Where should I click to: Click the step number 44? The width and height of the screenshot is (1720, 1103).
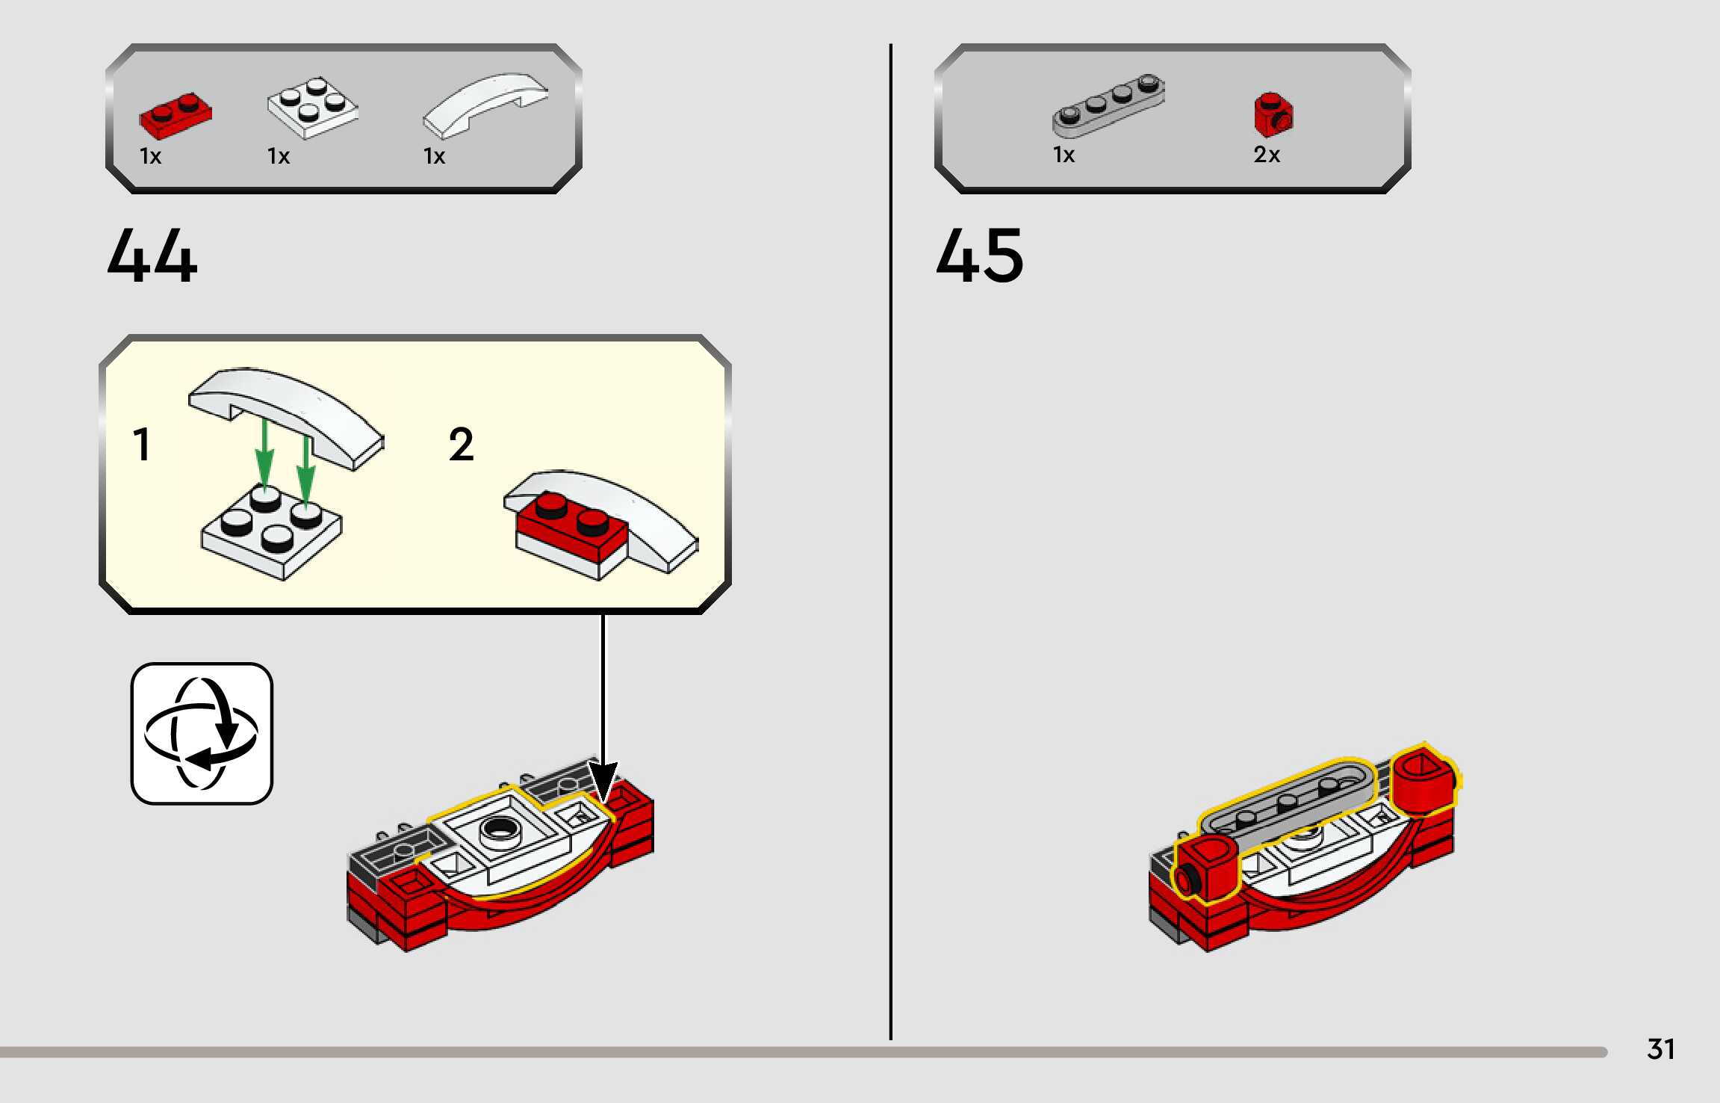pyautogui.click(x=152, y=256)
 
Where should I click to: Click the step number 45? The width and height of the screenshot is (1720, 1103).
pyautogui.click(x=980, y=256)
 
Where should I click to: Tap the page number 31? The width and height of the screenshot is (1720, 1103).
pyautogui.click(x=1660, y=1049)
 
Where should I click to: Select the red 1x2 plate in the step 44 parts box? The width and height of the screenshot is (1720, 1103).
pyautogui.click(x=176, y=117)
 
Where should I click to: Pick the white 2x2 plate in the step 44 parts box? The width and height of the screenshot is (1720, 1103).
pyautogui.click(x=312, y=108)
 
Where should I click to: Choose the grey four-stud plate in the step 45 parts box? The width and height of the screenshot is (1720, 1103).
pyautogui.click(x=1108, y=105)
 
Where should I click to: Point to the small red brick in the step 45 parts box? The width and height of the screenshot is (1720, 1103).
pyautogui.click(x=1273, y=114)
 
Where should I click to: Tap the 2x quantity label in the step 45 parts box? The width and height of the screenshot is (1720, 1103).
pyautogui.click(x=1267, y=155)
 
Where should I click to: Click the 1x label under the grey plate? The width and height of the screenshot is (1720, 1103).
pyautogui.click(x=1064, y=155)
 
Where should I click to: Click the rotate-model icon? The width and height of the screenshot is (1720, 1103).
pyautogui.click(x=202, y=733)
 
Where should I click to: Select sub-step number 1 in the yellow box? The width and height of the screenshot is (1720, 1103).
pyautogui.click(x=141, y=445)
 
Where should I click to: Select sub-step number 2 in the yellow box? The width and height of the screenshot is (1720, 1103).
pyautogui.click(x=461, y=445)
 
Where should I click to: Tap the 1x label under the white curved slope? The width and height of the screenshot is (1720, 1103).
pyautogui.click(x=434, y=156)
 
